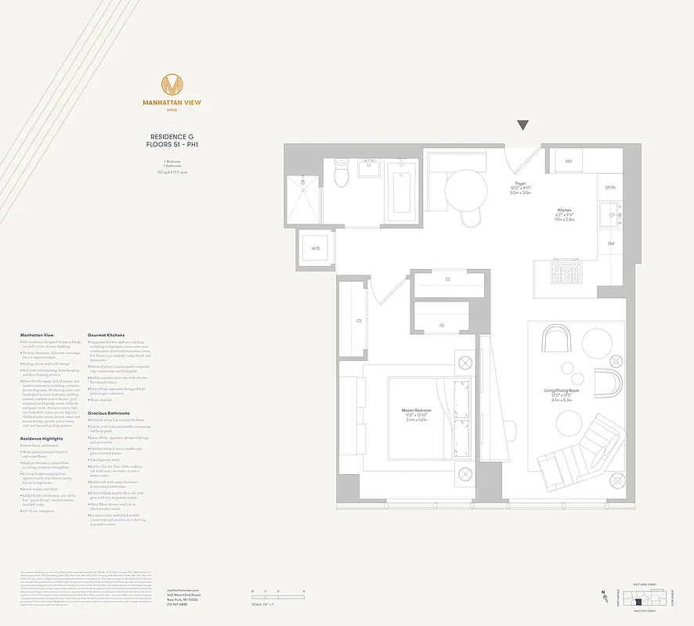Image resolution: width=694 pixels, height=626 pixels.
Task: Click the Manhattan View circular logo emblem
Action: pyautogui.click(x=172, y=84)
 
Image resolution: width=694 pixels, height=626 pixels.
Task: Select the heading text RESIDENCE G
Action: pyautogui.click(x=172, y=137)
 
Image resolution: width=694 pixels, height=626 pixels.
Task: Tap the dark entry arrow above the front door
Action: pyautogui.click(x=523, y=125)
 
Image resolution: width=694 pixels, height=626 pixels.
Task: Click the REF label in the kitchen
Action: pyautogui.click(x=569, y=161)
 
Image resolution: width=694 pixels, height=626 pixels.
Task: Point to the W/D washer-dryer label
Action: pyautogui.click(x=316, y=248)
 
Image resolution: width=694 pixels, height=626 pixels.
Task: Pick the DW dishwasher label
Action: pyautogui.click(x=611, y=243)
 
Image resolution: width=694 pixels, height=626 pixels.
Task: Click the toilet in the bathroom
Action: pyautogui.click(x=342, y=174)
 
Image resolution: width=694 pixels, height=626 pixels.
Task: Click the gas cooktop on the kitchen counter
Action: pyautogui.click(x=567, y=272)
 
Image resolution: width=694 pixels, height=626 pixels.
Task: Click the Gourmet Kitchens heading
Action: pyautogui.click(x=106, y=335)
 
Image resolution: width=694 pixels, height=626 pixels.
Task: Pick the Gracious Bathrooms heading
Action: pyautogui.click(x=109, y=412)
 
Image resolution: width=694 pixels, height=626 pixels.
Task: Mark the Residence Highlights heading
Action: pyautogui.click(x=42, y=439)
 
